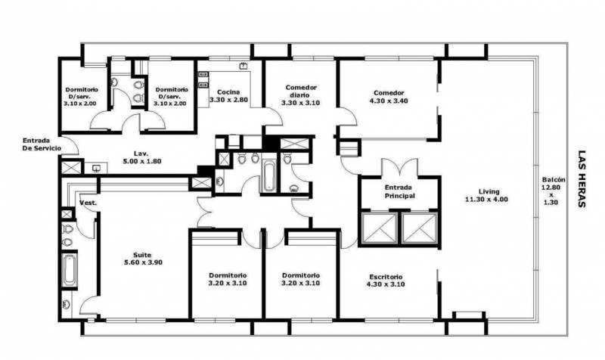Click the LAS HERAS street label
click(x=582, y=178)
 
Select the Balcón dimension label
click(x=552, y=191)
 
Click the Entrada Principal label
click(x=400, y=191)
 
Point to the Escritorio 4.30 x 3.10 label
click(x=386, y=281)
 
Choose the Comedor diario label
click(x=300, y=95)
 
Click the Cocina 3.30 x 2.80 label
click(x=228, y=96)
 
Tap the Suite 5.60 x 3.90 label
click(x=143, y=259)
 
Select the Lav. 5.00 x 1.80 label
click(x=141, y=157)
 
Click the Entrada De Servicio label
click(x=42, y=144)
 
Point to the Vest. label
click(x=88, y=203)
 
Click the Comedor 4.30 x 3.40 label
click(x=389, y=97)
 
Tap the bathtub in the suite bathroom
click(x=70, y=270)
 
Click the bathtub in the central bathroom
click(x=268, y=177)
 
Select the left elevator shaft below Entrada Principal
click(x=380, y=228)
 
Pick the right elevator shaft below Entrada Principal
click(x=420, y=228)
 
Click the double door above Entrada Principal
click(x=400, y=167)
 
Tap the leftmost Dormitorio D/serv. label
click(x=82, y=96)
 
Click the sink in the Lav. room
click(x=96, y=168)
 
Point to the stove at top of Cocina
click(x=243, y=66)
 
